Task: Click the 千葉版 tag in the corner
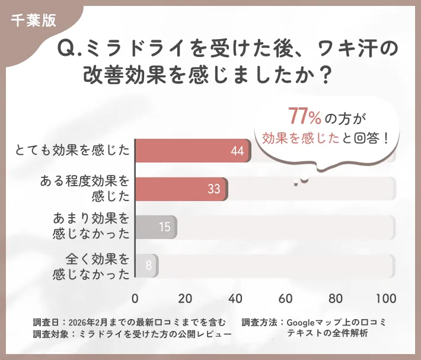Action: point(33,20)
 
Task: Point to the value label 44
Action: point(237,151)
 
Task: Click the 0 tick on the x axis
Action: point(135,298)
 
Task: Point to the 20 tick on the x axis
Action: point(185,298)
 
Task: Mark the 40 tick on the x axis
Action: point(235,298)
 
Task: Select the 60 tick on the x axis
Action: point(286,298)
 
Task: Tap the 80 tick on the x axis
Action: point(336,298)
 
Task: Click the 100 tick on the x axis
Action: point(386,298)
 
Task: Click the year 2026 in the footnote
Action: point(80,323)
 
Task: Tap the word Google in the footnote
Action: point(303,323)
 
